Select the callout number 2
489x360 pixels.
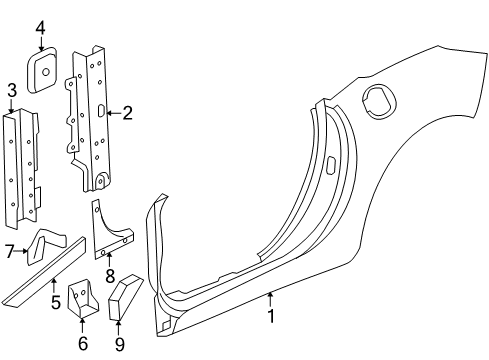(128, 113)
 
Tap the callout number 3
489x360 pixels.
(11, 93)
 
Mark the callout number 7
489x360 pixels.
(9, 251)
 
